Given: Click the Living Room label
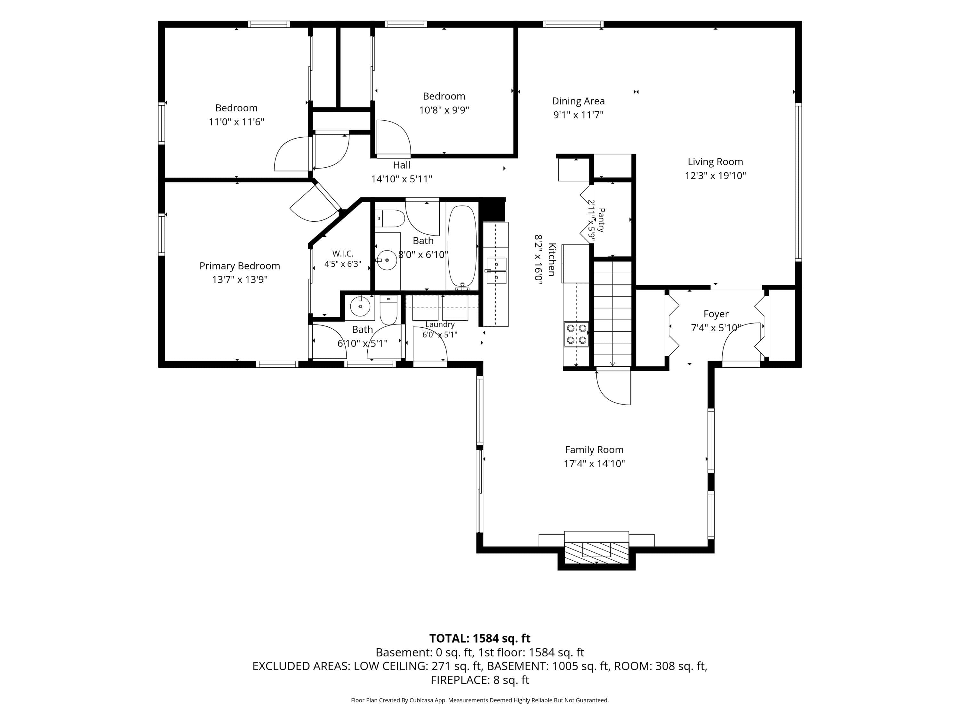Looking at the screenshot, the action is (715, 162).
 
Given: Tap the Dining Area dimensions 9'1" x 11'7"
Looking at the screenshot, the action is (578, 115).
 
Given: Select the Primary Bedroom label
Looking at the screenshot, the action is (240, 266).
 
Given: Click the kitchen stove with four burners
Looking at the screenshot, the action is (576, 334).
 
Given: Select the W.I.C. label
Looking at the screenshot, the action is (343, 253).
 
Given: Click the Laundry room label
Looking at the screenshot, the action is (440, 324).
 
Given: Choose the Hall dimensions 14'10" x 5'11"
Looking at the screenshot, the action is (402, 179).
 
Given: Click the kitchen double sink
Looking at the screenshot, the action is (496, 270).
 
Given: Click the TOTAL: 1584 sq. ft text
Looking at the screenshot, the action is (480, 638).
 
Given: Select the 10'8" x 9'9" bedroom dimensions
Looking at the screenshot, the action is (444, 110).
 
